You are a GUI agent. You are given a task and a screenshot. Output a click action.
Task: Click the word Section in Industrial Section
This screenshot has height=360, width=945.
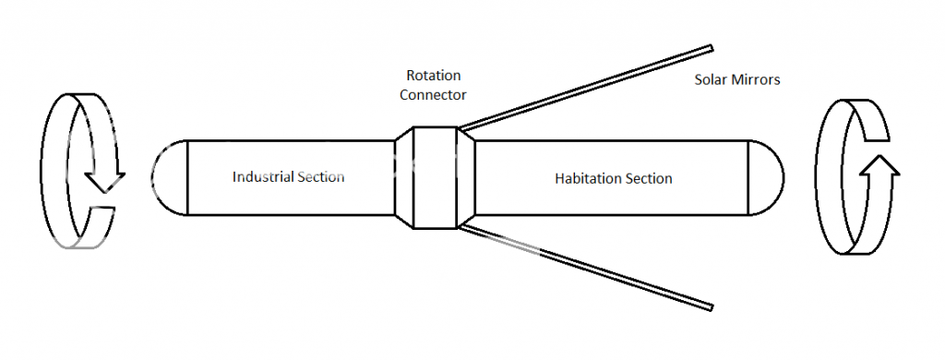317,176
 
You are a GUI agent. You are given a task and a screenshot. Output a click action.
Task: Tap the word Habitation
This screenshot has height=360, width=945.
584,178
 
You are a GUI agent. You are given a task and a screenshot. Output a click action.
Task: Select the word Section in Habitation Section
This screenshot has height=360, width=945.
645,178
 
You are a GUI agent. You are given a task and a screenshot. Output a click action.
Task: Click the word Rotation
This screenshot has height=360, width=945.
434,76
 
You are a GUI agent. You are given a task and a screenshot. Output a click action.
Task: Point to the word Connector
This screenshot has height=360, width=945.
434,94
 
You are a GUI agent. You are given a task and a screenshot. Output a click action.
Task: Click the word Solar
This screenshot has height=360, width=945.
711,80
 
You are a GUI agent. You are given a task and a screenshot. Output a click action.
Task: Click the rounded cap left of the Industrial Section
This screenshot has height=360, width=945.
169,177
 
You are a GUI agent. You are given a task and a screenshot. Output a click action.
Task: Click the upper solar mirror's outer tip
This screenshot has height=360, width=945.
710,48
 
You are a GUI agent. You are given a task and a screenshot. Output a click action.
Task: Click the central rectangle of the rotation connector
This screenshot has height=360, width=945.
435,177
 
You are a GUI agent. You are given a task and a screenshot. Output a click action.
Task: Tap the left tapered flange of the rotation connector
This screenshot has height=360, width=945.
403,177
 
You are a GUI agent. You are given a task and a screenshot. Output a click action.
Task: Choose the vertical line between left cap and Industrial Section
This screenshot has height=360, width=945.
187,177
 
